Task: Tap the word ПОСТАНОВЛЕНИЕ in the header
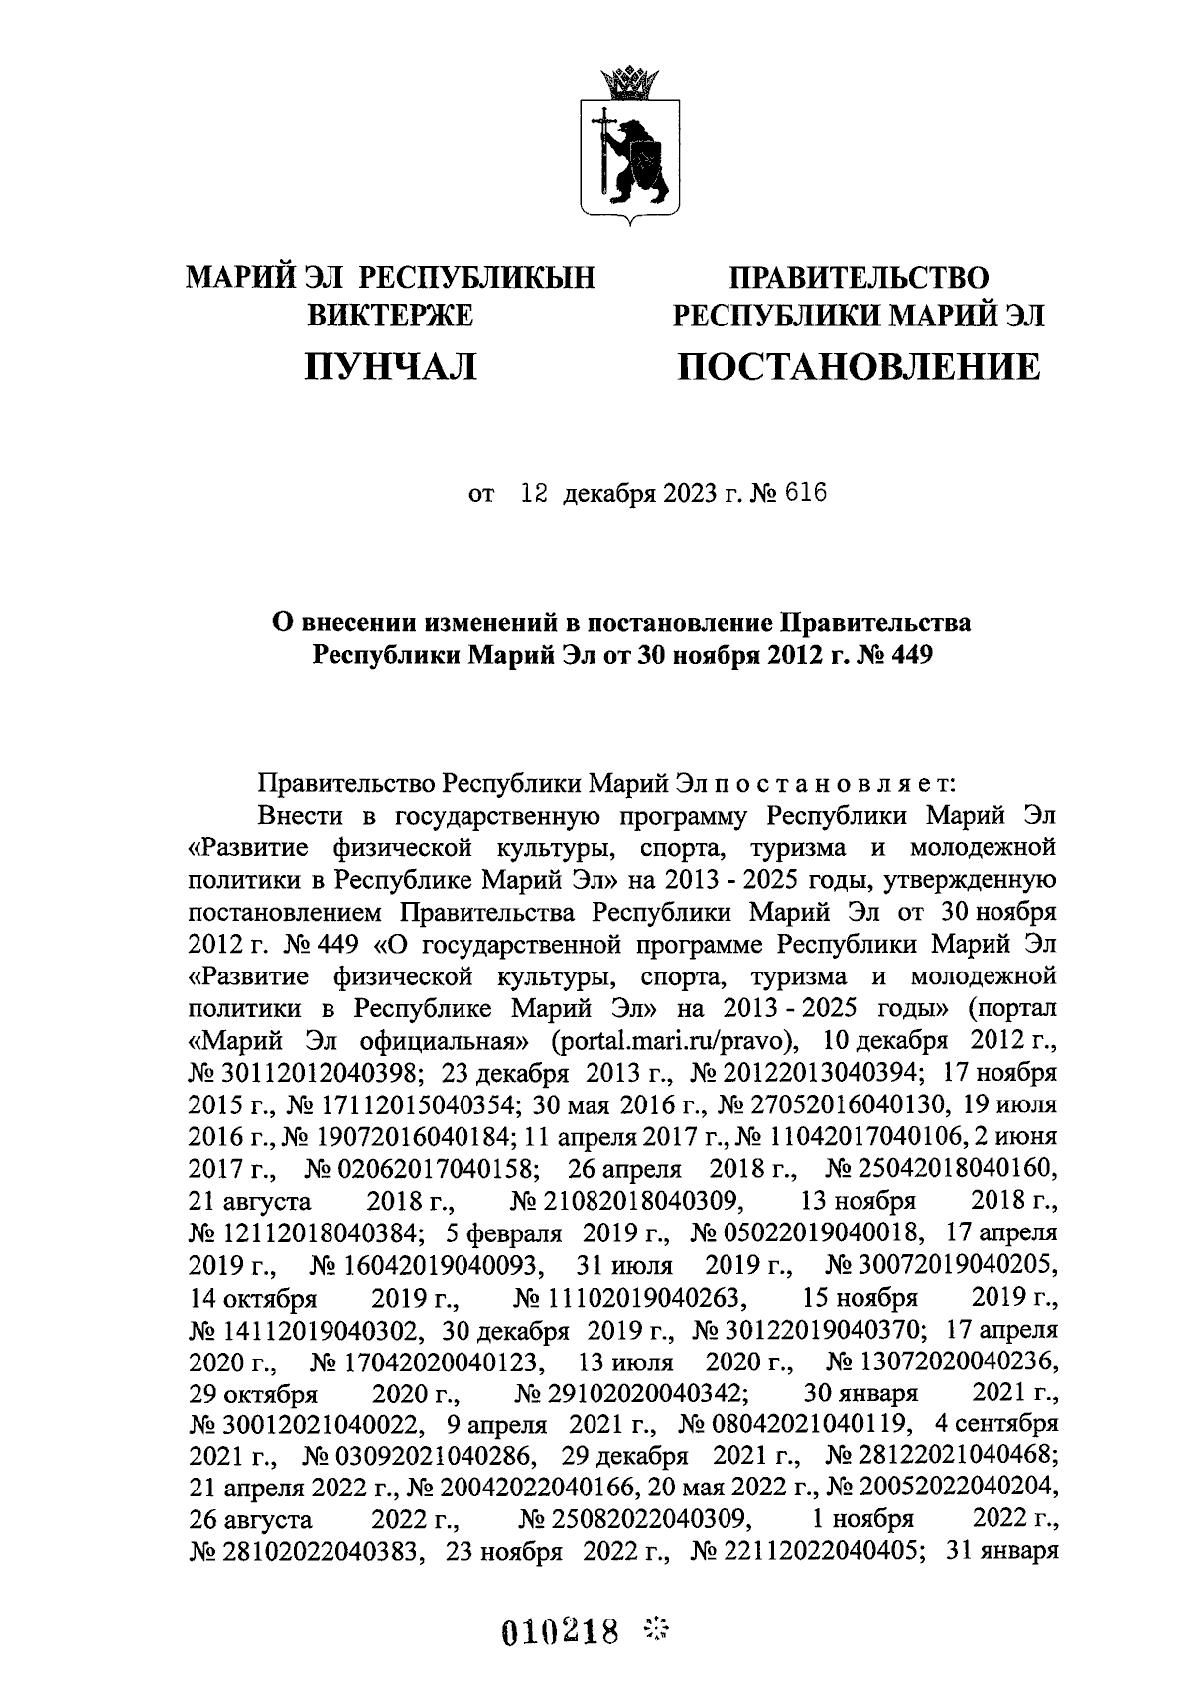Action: pos(859,368)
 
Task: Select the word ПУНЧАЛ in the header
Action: pos(390,368)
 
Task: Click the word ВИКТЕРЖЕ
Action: pos(391,316)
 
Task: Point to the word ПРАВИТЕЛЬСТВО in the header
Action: pos(860,278)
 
